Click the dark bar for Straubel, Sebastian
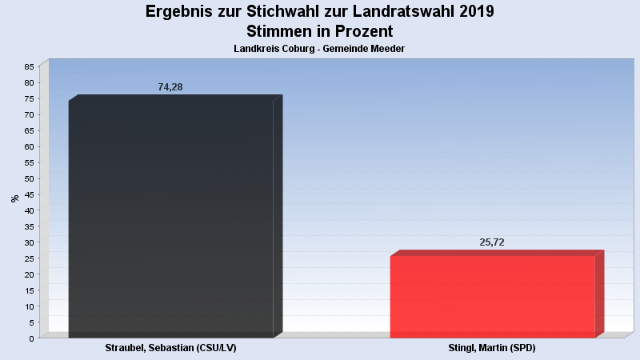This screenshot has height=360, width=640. coord(170,216)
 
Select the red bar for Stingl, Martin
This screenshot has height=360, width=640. coord(492,296)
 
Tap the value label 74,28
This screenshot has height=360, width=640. coord(170,87)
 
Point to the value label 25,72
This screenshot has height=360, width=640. coord(492,242)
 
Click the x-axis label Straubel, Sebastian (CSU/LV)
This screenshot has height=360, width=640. coord(170,349)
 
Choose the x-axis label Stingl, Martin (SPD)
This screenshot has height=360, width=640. coord(492,349)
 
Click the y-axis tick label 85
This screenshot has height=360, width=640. coord(29,66)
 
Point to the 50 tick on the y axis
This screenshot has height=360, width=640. coord(29,178)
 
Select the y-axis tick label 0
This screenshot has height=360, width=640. coord(31,338)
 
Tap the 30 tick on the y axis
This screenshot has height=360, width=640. coord(29,242)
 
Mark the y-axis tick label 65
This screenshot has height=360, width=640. coord(29,130)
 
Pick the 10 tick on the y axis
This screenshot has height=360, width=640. coord(29,306)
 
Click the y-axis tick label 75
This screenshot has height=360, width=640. coord(29,98)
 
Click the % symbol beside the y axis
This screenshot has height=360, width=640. coord(14,198)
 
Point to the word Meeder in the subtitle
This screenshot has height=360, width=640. coord(386,49)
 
